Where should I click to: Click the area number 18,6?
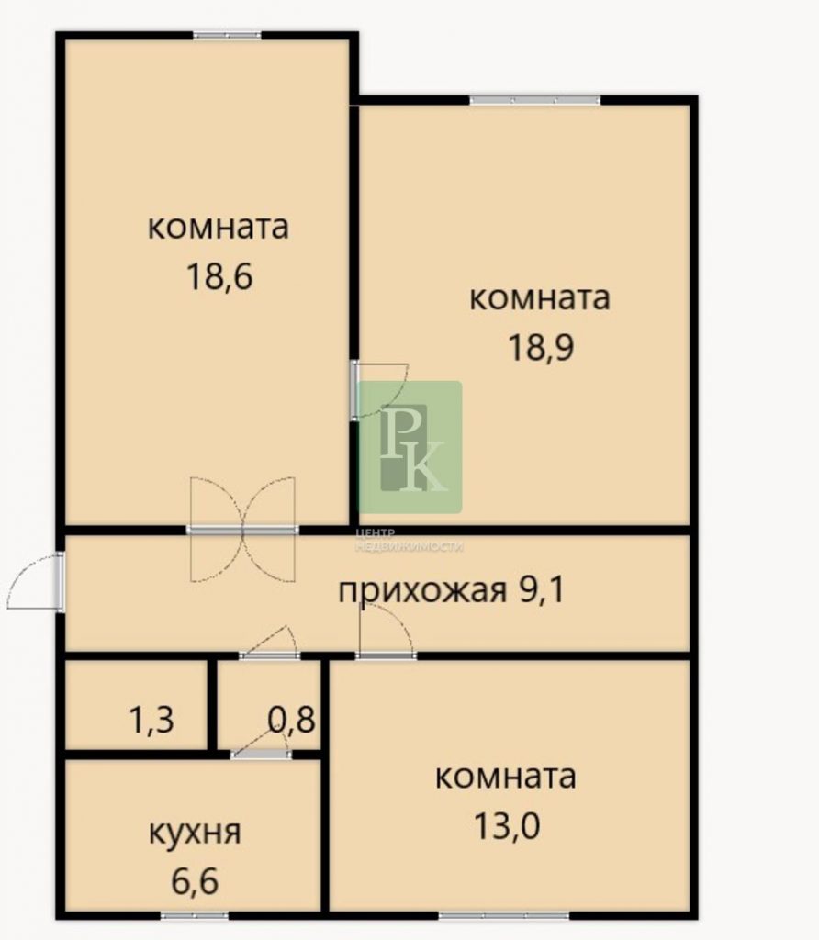click(x=219, y=277)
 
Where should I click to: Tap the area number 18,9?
click(x=541, y=347)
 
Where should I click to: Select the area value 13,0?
click(x=507, y=825)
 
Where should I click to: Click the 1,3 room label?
click(x=151, y=720)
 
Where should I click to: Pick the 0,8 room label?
click(x=291, y=719)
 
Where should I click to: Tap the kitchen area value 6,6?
click(x=195, y=880)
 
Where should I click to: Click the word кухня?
click(x=195, y=833)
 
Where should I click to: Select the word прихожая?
click(x=422, y=592)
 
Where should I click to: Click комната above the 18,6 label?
click(x=219, y=228)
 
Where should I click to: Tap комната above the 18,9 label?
click(x=540, y=298)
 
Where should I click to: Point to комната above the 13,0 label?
click(x=505, y=777)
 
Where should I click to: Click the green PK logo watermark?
click(x=410, y=447)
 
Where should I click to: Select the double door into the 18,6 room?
click(x=242, y=530)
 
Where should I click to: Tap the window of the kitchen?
click(x=195, y=915)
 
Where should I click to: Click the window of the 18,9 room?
click(x=534, y=100)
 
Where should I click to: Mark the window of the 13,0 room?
click(x=504, y=915)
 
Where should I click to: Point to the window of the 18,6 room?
click(x=227, y=36)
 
